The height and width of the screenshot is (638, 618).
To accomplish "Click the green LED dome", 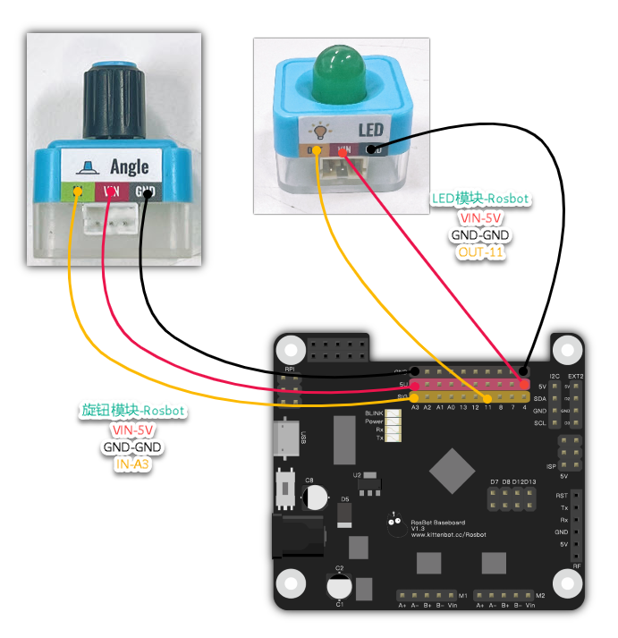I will pos(343,75).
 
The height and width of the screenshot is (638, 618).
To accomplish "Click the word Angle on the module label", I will pos(129,166).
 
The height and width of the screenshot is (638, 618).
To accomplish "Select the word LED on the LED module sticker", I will pos(370,131).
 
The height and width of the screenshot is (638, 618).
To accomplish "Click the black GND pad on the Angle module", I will pos(145,191).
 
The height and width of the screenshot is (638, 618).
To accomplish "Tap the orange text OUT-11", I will pos(480,252).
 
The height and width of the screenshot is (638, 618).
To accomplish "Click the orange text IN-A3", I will pos(131,464).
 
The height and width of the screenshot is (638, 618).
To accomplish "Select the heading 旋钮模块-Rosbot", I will pos(132,412).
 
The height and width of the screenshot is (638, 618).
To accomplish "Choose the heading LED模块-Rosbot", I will pos(480,198).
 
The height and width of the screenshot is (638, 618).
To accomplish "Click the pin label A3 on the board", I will pos(415,407).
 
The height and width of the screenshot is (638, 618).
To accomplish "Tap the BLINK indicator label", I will pos(374,413).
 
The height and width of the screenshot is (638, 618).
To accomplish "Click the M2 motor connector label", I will pos(539,595).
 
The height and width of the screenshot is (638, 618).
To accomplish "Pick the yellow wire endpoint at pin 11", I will pos(487,396).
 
